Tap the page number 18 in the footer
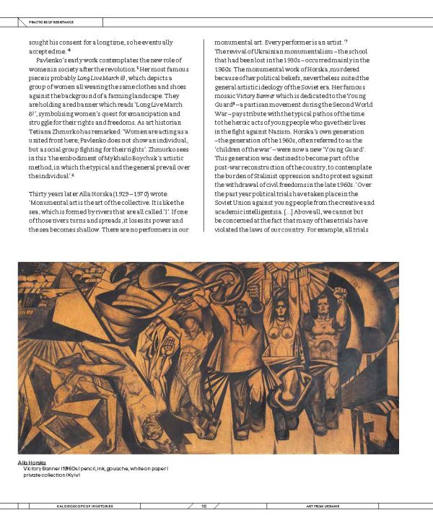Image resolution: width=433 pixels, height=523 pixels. (204, 506)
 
